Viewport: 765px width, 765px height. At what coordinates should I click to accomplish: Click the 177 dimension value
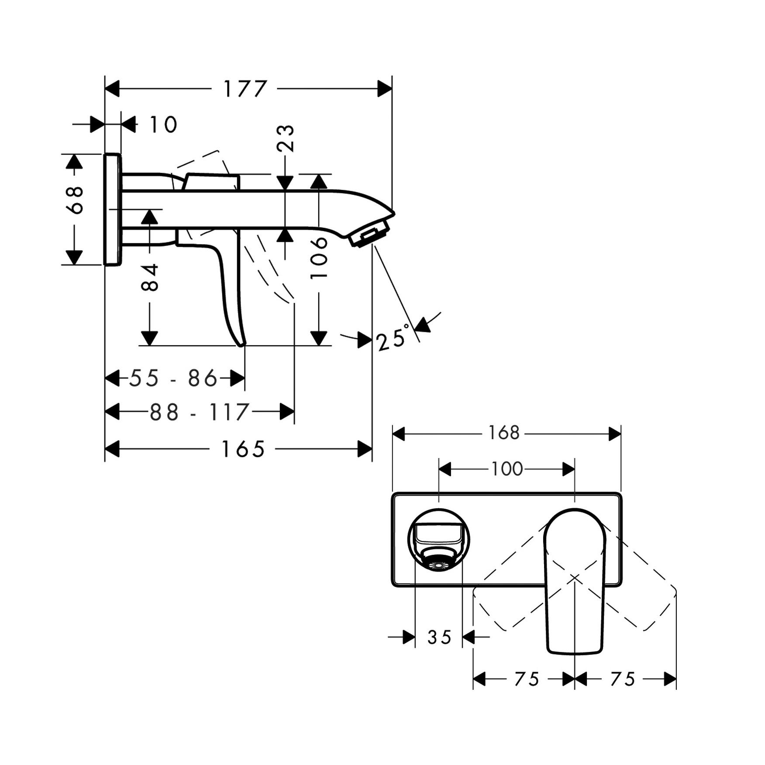(x=245, y=89)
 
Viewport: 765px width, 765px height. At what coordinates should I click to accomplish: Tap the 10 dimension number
(x=163, y=125)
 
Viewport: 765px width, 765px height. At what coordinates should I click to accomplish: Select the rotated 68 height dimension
(x=75, y=200)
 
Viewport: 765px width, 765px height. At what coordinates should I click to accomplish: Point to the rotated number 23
(x=286, y=138)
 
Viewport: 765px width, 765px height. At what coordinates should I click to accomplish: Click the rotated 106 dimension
(x=319, y=258)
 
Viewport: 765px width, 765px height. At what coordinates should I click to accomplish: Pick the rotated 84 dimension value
(x=150, y=277)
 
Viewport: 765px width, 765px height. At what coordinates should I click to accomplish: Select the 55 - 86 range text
(x=173, y=378)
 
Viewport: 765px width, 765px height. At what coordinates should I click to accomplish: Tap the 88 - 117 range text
(x=199, y=412)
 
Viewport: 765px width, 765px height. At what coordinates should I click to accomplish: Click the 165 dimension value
(x=243, y=449)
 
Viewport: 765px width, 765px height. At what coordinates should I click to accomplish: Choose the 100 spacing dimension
(x=507, y=469)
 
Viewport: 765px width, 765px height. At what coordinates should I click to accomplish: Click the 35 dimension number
(x=439, y=637)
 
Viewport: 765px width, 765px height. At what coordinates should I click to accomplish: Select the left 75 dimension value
(x=527, y=679)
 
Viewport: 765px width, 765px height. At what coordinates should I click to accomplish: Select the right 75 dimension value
(x=623, y=679)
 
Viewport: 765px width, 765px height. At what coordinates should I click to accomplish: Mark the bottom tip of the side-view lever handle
(x=241, y=344)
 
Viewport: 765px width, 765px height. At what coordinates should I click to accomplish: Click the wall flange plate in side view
(x=113, y=209)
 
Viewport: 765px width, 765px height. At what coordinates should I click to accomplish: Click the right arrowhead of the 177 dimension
(x=385, y=89)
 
